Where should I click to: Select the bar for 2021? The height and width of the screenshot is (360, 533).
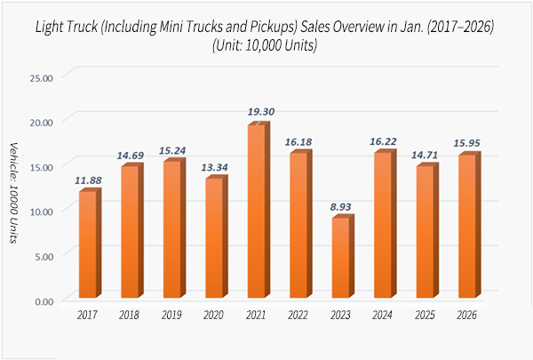pos(257,213)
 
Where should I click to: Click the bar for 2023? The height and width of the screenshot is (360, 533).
pos(341,259)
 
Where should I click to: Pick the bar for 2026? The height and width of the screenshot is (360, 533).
pos(467,228)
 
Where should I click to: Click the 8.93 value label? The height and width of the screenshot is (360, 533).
pos(344,207)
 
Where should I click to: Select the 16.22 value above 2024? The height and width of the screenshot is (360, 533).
pos(386,141)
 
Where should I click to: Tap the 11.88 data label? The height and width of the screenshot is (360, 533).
pos(91,180)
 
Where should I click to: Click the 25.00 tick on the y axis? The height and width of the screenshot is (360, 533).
pos(42,76)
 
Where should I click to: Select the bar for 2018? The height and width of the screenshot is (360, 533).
pos(130,234)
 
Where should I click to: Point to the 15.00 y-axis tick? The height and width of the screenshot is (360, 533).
pos(42,166)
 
